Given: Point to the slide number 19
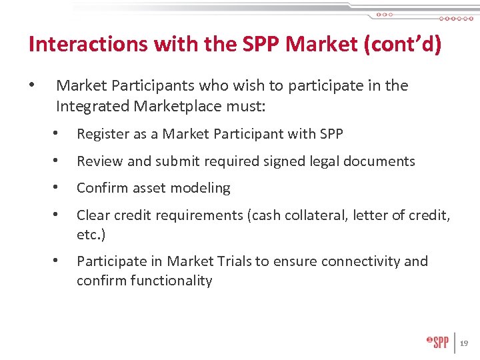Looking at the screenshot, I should (x=464, y=343).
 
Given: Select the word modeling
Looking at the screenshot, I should (x=201, y=189).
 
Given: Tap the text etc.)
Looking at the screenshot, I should (x=91, y=235).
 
